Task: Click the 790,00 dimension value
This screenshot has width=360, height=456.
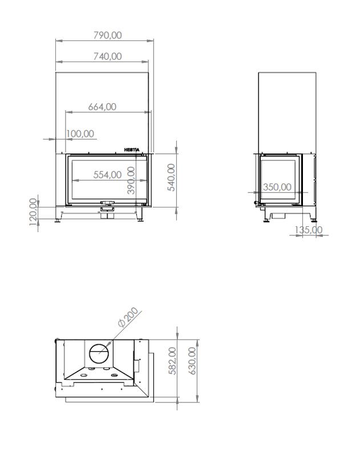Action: coord(107,35)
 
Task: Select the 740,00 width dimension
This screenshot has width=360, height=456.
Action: coord(107,56)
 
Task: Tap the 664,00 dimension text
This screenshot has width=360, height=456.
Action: coord(102,107)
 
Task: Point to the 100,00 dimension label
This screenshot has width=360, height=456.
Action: coord(80,134)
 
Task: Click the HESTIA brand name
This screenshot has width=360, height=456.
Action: coord(132,150)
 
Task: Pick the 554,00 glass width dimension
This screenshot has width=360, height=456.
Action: coord(107,174)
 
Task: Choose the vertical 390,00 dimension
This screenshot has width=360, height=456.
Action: coord(131,180)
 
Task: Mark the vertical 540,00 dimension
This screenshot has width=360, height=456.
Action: coord(171,177)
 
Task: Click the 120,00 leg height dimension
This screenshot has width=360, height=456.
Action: coord(34,211)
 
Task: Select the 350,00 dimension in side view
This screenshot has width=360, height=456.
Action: coord(277,187)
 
